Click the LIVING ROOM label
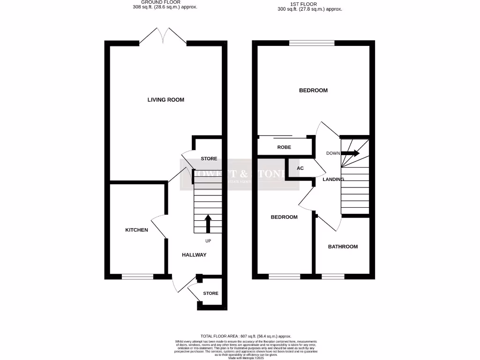pos(165,100)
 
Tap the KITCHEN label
pos(136,230)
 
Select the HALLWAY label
pos(194,255)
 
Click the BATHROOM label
pos(343,247)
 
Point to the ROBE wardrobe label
pos(284,147)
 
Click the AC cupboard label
pos(300,168)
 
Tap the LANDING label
pos(333,180)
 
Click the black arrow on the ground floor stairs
pos(208,224)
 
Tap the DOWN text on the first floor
pos(333,153)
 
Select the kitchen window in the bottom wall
pos(137,277)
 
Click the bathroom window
pos(333,277)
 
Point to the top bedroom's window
pos(312,43)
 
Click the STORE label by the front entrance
pos(210,293)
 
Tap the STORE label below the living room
pos(209,159)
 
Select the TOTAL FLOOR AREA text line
pos(246,336)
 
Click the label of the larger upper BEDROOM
pos(313,90)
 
